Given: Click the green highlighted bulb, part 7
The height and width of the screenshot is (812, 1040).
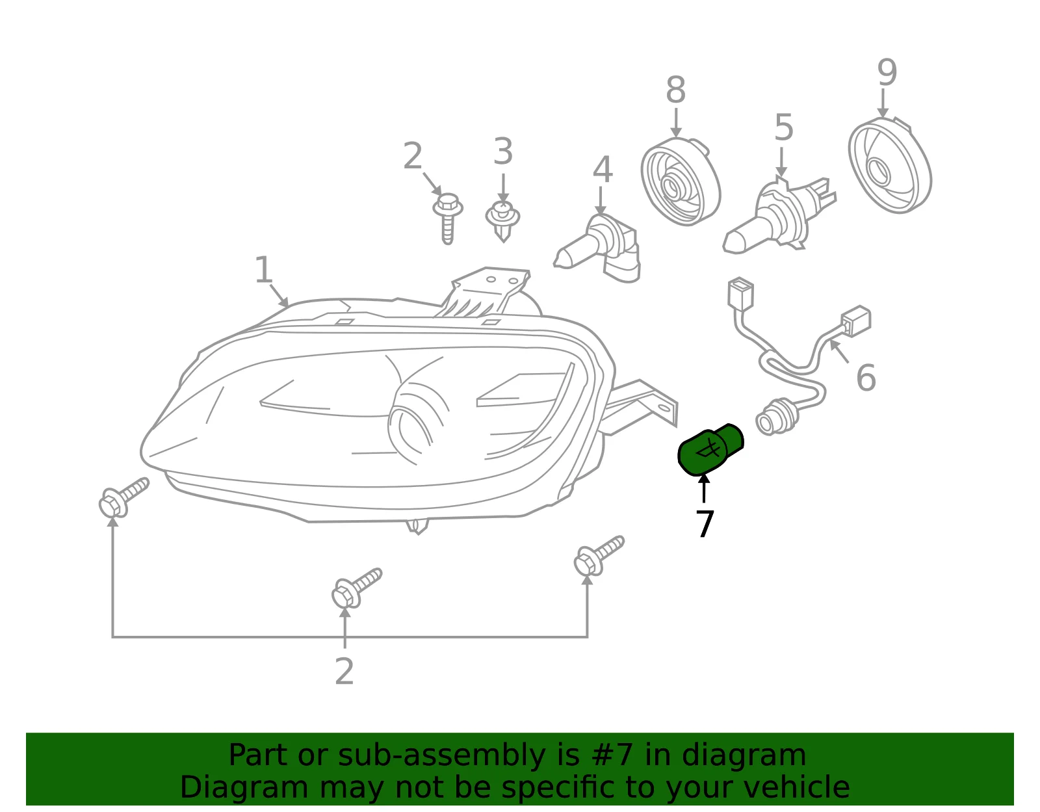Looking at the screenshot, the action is (x=710, y=449).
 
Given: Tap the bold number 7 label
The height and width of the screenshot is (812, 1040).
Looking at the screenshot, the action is (x=705, y=523).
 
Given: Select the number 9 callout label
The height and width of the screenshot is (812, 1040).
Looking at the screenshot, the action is (x=887, y=73).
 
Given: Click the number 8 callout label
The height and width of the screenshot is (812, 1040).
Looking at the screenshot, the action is (x=675, y=90).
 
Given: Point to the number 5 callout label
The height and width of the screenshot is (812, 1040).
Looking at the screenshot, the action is (x=783, y=127).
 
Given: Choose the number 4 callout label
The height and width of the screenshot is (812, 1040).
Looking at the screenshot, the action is (x=602, y=170).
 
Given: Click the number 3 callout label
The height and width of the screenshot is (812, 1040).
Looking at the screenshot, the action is (x=503, y=151).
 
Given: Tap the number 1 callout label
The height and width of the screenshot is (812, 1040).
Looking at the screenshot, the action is (x=263, y=269).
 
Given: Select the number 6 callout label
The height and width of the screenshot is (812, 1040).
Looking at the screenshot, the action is (x=866, y=378).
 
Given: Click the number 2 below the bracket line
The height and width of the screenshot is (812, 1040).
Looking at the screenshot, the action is (x=344, y=672).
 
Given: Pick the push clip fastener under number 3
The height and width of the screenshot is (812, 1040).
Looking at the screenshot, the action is (x=502, y=221).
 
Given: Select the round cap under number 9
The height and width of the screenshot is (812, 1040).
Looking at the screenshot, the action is (x=890, y=165).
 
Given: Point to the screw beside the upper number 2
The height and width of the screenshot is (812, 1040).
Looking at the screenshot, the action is (x=447, y=218).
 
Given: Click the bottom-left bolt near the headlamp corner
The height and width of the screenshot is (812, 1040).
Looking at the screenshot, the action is (x=123, y=497).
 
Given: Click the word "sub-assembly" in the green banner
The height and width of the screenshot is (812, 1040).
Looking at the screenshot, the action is (x=441, y=755).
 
